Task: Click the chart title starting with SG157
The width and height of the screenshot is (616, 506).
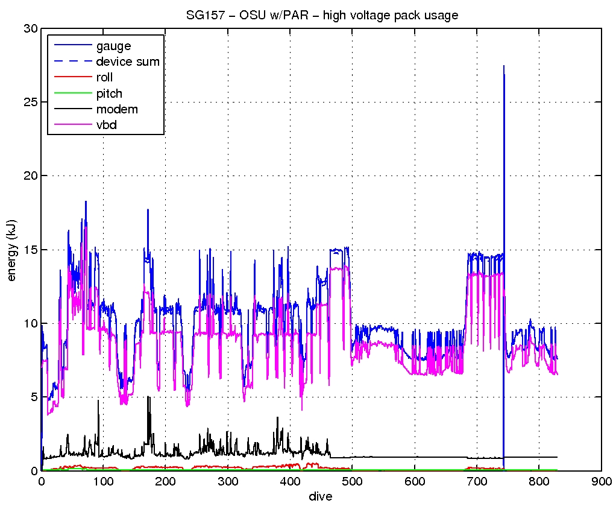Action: click(321, 16)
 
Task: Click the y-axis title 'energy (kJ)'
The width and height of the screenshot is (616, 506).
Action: click(11, 249)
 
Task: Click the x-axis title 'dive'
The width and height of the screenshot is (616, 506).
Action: click(321, 496)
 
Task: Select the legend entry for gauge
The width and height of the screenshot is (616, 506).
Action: click(113, 46)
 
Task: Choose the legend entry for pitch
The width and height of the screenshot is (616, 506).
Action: click(109, 93)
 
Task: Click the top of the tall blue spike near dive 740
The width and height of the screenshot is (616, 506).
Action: click(503, 66)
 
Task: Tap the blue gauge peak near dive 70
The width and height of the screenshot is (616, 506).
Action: click(86, 201)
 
